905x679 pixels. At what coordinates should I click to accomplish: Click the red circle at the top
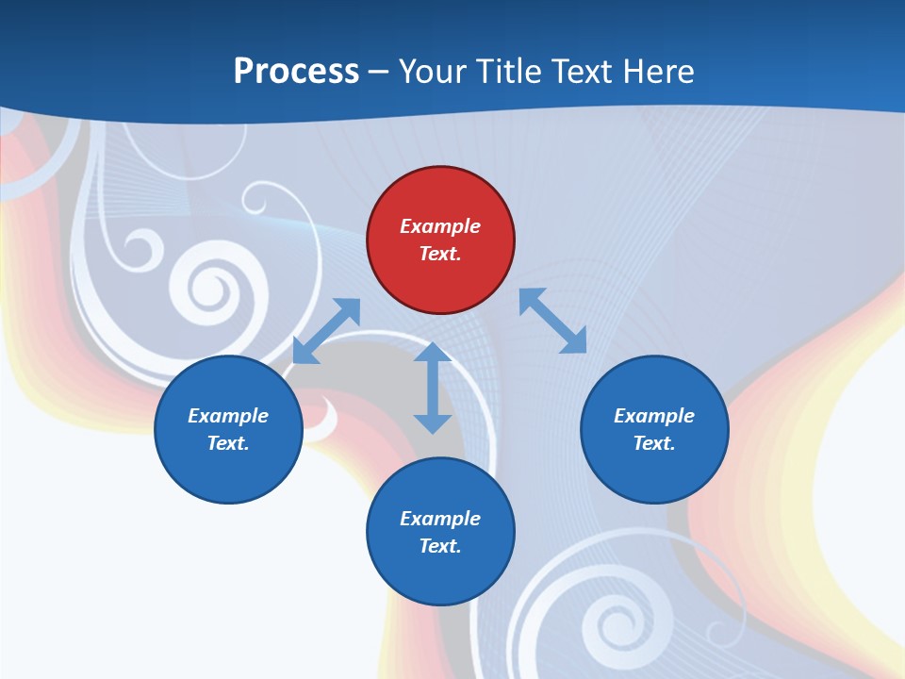tap(440, 240)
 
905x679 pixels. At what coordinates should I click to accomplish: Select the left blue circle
tap(228, 429)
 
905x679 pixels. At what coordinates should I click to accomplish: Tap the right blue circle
tap(654, 429)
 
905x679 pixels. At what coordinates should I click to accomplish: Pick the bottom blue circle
tap(440, 532)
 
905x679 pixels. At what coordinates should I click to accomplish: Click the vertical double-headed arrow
tap(433, 388)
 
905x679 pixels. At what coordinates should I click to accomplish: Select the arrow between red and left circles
tap(326, 331)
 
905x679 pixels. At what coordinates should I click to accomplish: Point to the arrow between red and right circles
tap(553, 321)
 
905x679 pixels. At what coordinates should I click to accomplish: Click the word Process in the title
tap(296, 71)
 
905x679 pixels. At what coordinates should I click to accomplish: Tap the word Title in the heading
tap(509, 71)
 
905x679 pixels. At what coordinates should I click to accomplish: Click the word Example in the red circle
tap(440, 226)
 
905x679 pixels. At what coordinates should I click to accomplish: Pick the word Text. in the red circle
tap(440, 254)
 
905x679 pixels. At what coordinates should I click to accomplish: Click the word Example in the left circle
tap(228, 416)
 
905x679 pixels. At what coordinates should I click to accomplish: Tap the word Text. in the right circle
tap(654, 443)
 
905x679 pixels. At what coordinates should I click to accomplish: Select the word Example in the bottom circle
tap(440, 519)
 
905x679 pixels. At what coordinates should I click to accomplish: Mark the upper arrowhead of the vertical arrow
tap(433, 352)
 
